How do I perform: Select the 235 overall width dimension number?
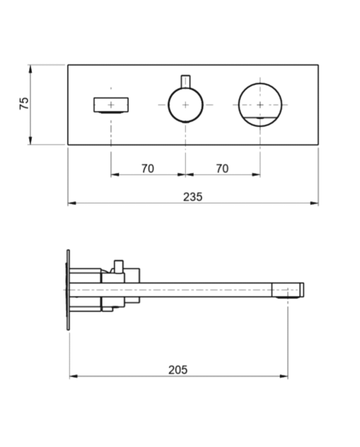click(193, 196)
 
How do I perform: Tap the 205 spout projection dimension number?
click(178, 369)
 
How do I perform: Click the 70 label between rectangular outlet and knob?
click(148, 168)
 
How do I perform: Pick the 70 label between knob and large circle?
click(222, 168)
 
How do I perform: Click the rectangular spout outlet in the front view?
click(111, 104)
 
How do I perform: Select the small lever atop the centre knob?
click(185, 82)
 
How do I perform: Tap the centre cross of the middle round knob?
click(185, 104)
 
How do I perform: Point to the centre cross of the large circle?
click(260, 104)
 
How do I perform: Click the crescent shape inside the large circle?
click(260, 121)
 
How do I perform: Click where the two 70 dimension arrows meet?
click(185, 174)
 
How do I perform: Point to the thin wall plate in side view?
click(68, 290)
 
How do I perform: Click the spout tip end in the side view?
click(302, 290)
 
